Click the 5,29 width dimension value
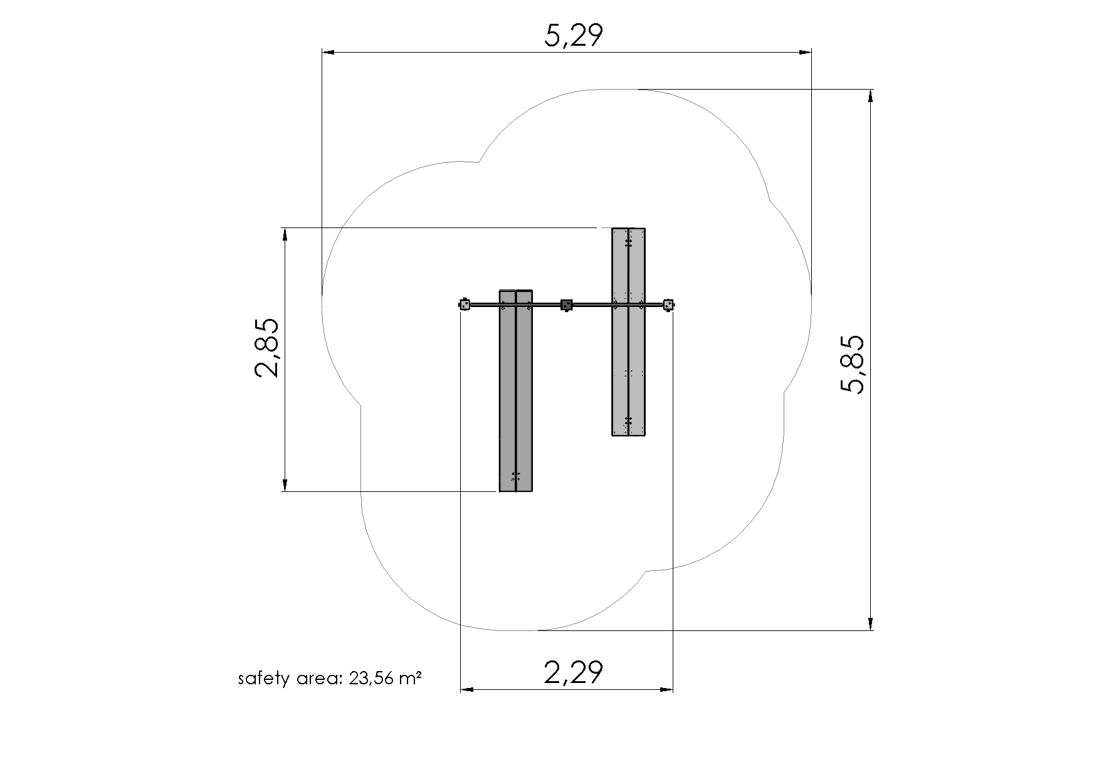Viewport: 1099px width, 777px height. (573, 36)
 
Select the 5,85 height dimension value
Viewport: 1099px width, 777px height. (853, 365)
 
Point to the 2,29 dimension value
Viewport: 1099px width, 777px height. (573, 672)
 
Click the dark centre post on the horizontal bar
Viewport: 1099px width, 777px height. (567, 305)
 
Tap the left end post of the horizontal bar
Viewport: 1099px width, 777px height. (465, 305)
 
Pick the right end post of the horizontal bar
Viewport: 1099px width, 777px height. (669, 305)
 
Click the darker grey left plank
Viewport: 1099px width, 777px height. (515, 390)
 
